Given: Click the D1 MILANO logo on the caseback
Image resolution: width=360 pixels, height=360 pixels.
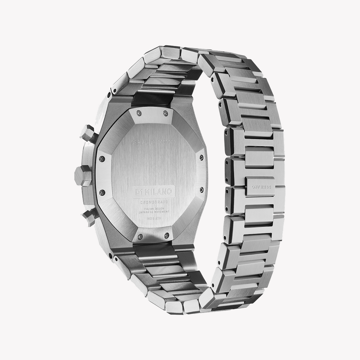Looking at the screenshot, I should [154, 192].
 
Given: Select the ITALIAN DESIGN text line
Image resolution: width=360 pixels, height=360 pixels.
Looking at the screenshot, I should [154, 209].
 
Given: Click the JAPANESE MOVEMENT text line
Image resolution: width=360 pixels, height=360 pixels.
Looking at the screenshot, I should [154, 212].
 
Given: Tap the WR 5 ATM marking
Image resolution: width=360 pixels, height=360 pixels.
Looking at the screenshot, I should [153, 218].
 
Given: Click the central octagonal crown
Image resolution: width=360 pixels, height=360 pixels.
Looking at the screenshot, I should [83, 175].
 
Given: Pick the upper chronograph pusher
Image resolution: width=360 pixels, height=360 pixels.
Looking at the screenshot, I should [88, 134].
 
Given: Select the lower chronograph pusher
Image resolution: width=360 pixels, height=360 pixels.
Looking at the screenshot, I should [90, 217].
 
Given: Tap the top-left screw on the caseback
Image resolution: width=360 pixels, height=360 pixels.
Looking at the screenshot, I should [139, 113].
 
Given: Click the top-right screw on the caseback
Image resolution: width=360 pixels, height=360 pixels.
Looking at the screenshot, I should [165, 113].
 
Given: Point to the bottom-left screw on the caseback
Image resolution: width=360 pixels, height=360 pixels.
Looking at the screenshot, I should [140, 237].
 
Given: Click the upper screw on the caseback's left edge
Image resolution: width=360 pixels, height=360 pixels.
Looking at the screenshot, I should [102, 159].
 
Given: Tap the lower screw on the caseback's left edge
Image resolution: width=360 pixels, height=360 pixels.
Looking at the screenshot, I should [102, 192].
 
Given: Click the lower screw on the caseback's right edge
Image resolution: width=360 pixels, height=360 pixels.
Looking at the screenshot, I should [201, 190].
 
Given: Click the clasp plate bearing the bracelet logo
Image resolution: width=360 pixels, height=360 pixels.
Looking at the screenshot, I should [261, 186].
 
